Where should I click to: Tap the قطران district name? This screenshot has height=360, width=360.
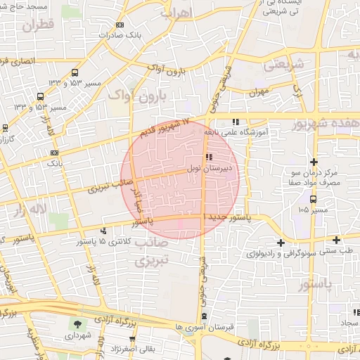(x=38, y=27)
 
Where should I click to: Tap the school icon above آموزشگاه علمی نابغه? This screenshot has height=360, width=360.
(x=236, y=122)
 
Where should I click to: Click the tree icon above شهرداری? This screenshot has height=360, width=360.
(x=77, y=325)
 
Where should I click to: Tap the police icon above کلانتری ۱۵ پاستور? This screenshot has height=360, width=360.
(x=104, y=231)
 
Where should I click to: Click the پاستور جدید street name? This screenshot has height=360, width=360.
(x=225, y=219)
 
